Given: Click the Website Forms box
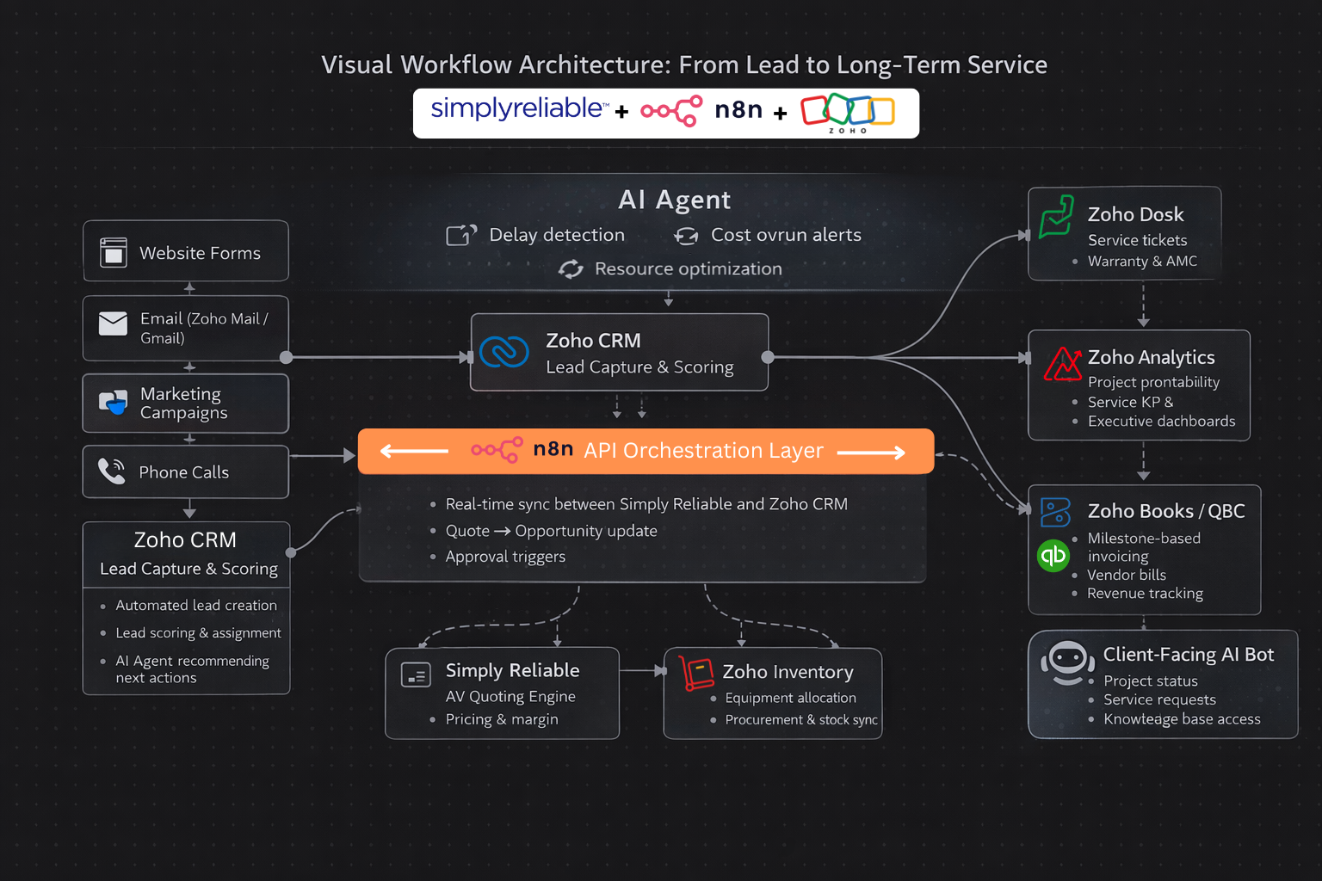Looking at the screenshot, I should click(x=186, y=251).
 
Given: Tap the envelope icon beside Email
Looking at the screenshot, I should click(x=113, y=323).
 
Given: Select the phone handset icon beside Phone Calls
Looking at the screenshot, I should click(x=112, y=471).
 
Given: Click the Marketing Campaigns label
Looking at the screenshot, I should click(x=183, y=403).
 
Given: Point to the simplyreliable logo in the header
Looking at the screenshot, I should click(x=518, y=108).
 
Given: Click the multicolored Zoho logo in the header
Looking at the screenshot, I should click(x=848, y=112).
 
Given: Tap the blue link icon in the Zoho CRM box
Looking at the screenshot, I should click(x=504, y=352).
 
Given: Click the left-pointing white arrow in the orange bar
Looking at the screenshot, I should click(x=414, y=451).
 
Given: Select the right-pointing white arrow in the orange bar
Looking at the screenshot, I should click(x=870, y=452).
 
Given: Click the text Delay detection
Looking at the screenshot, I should click(x=557, y=235).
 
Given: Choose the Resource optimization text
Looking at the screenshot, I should click(x=688, y=268).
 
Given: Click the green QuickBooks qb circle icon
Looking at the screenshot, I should click(x=1053, y=556).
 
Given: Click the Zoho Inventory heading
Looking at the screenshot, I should click(x=788, y=672).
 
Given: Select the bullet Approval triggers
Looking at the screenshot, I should click(x=505, y=557).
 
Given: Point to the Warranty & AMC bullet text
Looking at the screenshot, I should click(x=1142, y=261).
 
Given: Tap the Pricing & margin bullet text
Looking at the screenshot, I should click(x=502, y=719).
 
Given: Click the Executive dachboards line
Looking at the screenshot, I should click(x=1161, y=421).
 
